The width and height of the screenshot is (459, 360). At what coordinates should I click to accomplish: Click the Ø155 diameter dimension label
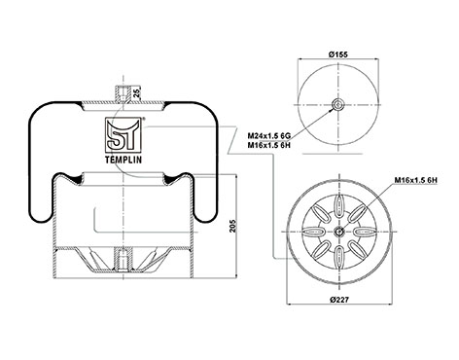tap(338, 54)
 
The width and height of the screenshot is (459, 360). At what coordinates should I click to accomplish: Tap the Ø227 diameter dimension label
tap(339, 300)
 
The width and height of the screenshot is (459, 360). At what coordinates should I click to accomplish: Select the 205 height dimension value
tap(232, 226)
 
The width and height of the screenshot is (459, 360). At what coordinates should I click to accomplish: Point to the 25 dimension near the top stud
tap(137, 93)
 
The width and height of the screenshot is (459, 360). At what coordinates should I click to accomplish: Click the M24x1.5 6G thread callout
tap(269, 135)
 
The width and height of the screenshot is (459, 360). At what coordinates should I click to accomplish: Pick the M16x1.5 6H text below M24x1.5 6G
tap(269, 145)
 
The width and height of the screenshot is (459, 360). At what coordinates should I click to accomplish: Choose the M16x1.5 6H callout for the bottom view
tap(416, 180)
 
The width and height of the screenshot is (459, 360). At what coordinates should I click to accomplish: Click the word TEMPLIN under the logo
tap(124, 160)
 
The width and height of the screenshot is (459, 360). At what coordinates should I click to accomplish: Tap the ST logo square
tap(124, 134)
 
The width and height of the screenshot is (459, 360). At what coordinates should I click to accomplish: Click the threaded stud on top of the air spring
tap(124, 93)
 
